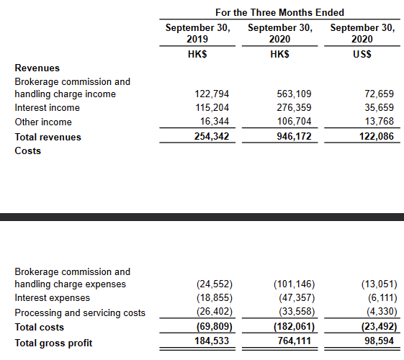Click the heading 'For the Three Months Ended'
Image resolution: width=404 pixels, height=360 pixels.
point(279,12)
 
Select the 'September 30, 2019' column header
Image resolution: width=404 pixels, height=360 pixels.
point(197,33)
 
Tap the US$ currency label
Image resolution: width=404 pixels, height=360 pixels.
point(362,53)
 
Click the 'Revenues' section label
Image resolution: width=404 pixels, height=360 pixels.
point(37,68)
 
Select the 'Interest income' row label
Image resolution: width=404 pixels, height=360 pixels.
point(47,108)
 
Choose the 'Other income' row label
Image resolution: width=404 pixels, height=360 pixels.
point(43,122)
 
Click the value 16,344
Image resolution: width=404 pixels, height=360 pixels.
point(214,122)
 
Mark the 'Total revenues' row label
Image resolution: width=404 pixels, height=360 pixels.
point(48,137)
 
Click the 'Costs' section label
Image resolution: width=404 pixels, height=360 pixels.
point(28,150)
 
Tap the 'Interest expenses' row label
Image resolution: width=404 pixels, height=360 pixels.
point(52,298)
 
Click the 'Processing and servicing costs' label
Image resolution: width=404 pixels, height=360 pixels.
point(79,312)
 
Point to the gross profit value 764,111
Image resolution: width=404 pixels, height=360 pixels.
point(293,342)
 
